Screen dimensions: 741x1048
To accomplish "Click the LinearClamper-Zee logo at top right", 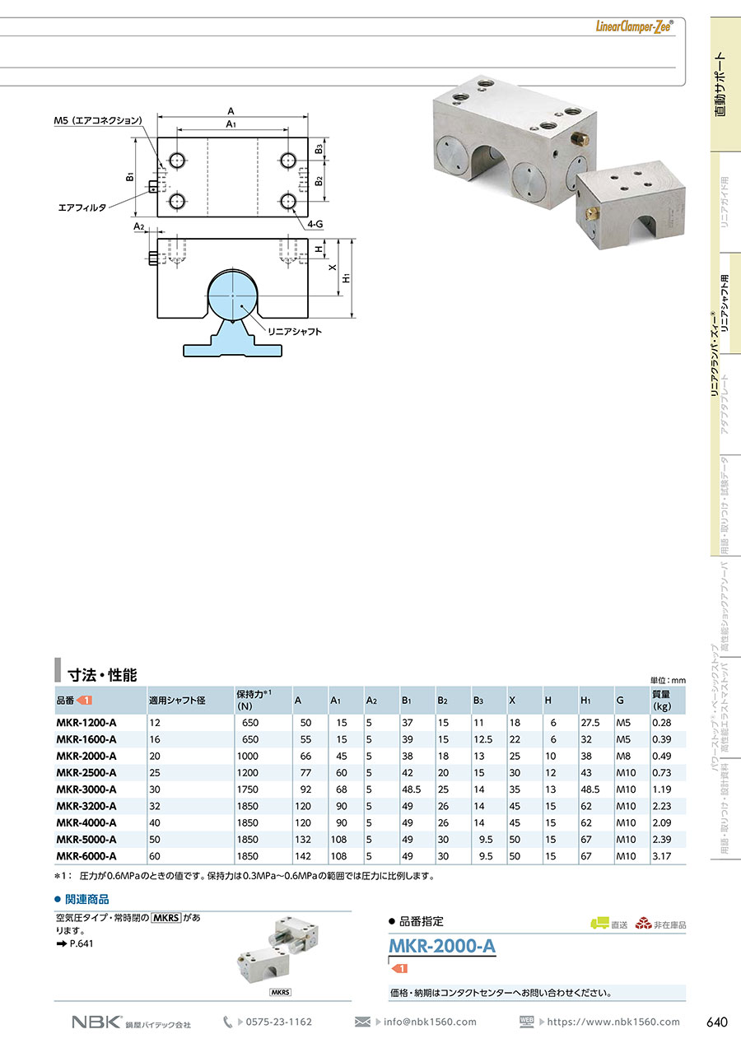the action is click(634, 26).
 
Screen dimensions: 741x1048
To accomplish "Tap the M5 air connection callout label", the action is click(98, 120).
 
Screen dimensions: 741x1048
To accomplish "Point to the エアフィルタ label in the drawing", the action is click(82, 207).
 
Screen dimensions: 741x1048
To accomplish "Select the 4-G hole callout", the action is click(315, 224).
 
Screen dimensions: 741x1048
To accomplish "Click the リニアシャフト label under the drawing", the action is click(295, 332).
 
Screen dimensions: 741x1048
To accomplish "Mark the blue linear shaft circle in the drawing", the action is click(232, 296).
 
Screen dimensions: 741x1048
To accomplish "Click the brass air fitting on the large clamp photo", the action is click(580, 138).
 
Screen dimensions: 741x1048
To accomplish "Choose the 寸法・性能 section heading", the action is click(102, 675).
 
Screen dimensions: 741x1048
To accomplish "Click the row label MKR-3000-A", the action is click(86, 789).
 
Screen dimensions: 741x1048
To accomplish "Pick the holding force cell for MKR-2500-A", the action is click(248, 772).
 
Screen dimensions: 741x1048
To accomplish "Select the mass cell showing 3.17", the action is click(661, 856).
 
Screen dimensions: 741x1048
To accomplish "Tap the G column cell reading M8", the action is click(623, 756).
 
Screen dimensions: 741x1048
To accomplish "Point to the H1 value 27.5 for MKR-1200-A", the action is click(590, 722).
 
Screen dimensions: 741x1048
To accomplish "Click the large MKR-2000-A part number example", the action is click(442, 946).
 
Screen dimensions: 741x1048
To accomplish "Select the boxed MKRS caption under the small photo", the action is click(280, 992).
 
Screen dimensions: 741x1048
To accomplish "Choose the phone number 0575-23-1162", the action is click(279, 1022).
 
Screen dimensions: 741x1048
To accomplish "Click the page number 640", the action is click(716, 1022).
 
